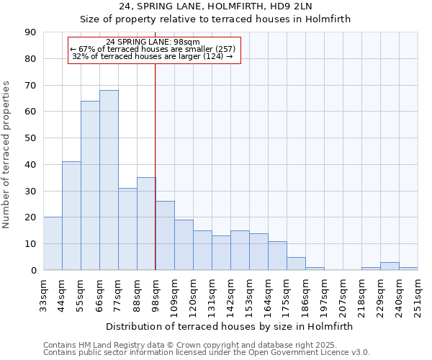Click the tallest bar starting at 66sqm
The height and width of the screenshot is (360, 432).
point(109,180)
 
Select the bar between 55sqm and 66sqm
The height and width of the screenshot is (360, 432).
point(90,186)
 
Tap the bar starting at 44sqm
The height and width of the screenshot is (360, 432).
point(71,216)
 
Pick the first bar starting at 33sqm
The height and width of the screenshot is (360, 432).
point(53,243)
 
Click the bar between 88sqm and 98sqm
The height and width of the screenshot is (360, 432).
point(146,224)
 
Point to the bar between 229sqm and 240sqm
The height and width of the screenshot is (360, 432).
point(390,266)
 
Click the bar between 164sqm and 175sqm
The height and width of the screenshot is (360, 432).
point(277,256)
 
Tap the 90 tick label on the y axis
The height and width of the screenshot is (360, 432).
point(30,32)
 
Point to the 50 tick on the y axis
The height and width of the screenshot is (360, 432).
point(30,138)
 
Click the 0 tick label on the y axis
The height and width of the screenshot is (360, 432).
point(33,270)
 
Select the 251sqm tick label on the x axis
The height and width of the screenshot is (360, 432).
point(418,294)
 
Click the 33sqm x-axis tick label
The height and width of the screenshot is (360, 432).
point(43,294)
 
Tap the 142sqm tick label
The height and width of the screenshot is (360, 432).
point(230,294)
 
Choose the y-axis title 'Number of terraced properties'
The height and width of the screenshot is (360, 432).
point(7,155)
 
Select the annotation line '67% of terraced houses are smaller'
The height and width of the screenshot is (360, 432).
point(153,49)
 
